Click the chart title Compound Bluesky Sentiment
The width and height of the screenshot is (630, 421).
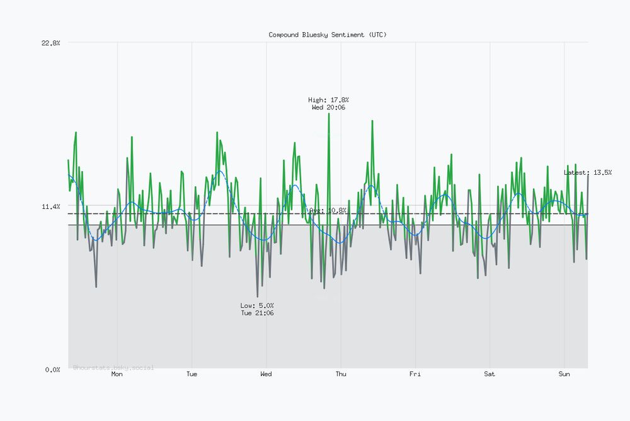click(328, 35)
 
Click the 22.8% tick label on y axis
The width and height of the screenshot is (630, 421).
click(50, 43)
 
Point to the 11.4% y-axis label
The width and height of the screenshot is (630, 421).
click(50, 206)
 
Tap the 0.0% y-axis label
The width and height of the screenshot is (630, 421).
click(52, 369)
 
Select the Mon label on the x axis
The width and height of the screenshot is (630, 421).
click(117, 374)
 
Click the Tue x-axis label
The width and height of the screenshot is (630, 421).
click(192, 374)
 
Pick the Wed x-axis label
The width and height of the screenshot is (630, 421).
click(266, 374)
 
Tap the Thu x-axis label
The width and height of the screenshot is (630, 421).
click(341, 374)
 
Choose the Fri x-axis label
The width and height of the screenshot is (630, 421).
click(415, 374)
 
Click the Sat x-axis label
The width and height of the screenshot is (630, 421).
click(490, 374)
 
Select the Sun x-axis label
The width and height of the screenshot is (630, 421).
click(564, 374)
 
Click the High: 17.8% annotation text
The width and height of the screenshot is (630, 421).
click(328, 100)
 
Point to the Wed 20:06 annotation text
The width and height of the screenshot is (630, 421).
click(328, 107)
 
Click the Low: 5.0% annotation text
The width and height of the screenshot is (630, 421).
click(257, 305)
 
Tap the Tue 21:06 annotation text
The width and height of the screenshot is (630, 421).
click(257, 313)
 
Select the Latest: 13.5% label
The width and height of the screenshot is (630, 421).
click(587, 172)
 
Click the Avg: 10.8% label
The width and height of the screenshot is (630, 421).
click(328, 210)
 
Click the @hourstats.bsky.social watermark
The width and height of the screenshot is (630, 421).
click(113, 367)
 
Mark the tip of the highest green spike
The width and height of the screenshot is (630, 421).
click(328, 114)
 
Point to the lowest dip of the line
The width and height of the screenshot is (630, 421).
click(257, 297)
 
